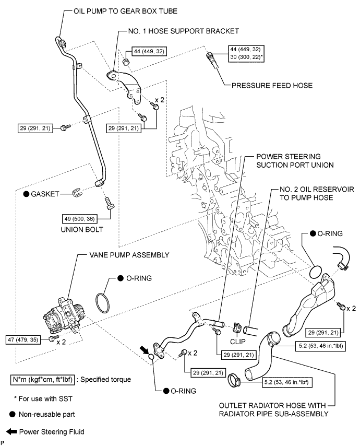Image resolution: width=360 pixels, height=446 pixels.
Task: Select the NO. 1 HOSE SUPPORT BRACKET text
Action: (183, 31)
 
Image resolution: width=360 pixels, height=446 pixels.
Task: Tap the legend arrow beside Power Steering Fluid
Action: (10, 431)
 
